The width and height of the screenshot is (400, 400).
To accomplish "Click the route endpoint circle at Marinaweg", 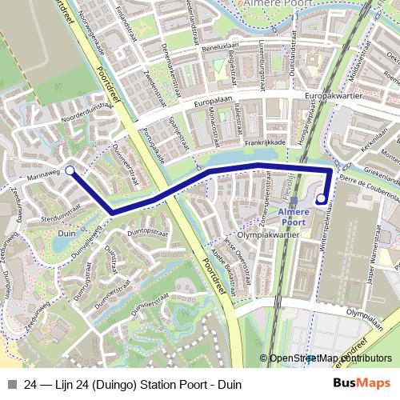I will point(70,170).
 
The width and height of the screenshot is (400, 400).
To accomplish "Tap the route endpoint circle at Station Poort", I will point(322,198).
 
